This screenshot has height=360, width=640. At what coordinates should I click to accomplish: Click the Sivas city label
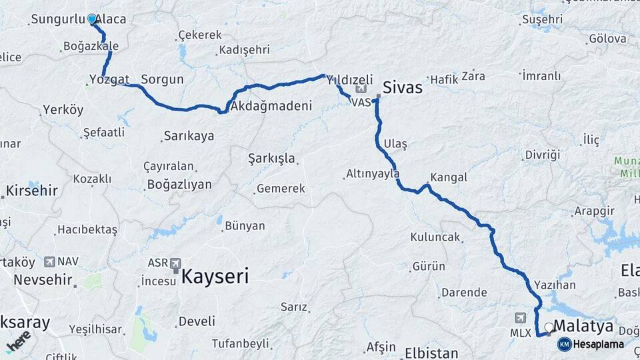tap(402, 87)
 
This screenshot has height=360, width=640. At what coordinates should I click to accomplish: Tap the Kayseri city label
tap(215, 276)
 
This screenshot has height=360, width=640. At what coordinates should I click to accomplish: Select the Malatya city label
tap(583, 325)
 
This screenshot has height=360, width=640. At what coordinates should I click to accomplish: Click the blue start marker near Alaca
tap(92, 19)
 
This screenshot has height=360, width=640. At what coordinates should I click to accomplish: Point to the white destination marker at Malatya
tap(549, 327)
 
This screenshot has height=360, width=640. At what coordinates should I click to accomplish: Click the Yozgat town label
tap(109, 80)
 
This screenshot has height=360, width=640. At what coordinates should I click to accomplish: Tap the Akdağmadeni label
tap(269, 106)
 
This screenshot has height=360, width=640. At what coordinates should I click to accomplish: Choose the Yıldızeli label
tap(349, 79)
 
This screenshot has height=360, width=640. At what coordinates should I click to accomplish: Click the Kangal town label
tap(449, 178)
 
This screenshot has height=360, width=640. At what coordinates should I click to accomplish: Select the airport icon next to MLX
tap(520, 318)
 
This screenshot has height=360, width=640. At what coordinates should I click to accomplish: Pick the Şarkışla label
tap(271, 159)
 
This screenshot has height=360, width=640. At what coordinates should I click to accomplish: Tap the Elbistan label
tap(431, 352)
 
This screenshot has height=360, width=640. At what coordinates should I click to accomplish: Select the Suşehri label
tap(543, 19)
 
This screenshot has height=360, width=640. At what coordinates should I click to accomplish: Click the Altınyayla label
tap(372, 174)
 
